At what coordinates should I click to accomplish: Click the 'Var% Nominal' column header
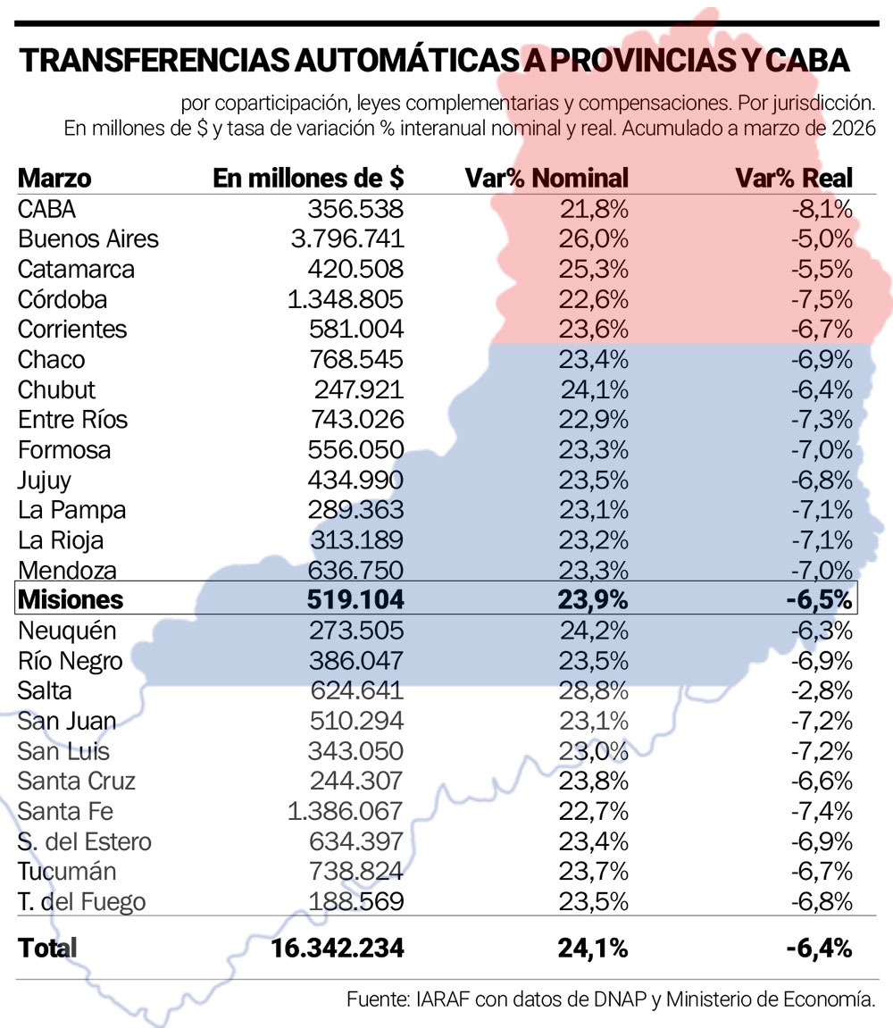point(547,178)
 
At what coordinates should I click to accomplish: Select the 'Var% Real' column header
point(794,178)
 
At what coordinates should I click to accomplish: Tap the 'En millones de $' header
point(309,178)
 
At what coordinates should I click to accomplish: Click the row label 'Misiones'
point(71,600)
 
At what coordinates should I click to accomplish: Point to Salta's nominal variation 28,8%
point(594,690)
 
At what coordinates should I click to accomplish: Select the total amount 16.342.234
point(337,948)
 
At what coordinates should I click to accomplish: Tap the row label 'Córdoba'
point(63,299)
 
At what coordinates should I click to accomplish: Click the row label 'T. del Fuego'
point(81,902)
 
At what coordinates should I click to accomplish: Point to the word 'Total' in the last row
point(47,948)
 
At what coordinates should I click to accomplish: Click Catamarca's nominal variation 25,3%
point(594,270)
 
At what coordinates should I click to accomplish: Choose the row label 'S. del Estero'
point(85,841)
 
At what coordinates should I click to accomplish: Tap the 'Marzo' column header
point(54,178)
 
